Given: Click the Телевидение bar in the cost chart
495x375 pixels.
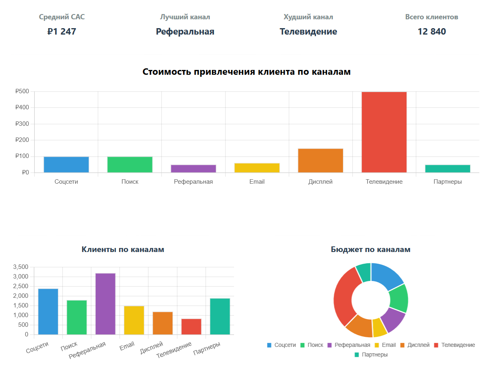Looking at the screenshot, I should (x=384, y=132).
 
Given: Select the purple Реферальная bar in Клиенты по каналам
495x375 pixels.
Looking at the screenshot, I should (x=105, y=304).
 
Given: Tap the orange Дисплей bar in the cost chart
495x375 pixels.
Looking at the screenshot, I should (x=320, y=160).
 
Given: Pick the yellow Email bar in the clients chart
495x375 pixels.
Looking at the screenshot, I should (x=134, y=320).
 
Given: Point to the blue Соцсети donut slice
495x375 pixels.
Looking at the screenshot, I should (x=386, y=276).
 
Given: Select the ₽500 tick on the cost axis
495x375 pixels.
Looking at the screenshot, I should (x=22, y=91).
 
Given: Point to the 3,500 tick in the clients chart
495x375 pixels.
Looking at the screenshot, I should (x=21, y=267).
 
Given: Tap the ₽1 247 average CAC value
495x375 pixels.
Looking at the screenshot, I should (x=62, y=31).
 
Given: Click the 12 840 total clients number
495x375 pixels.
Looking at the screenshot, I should (x=431, y=31).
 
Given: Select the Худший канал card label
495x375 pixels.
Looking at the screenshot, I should (x=308, y=17).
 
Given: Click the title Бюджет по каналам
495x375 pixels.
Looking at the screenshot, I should (x=370, y=249).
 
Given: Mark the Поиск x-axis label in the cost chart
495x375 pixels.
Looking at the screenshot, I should (x=130, y=182).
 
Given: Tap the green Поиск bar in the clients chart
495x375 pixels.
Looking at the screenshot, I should (x=77, y=317).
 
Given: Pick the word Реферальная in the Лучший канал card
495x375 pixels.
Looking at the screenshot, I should (x=185, y=31).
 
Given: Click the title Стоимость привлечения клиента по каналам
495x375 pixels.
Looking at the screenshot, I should (x=246, y=72).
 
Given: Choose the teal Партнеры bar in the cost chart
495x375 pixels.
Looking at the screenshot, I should (x=448, y=168).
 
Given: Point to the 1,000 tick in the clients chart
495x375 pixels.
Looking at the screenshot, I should (x=21, y=315).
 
